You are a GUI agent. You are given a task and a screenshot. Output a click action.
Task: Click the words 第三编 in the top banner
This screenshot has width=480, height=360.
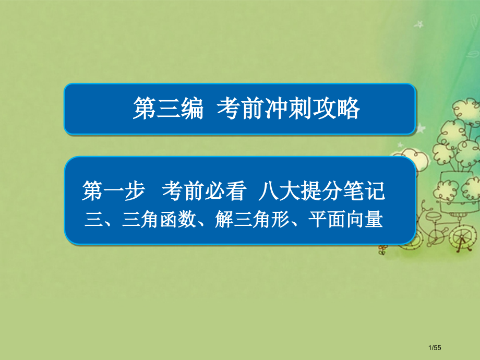[x=167, y=110]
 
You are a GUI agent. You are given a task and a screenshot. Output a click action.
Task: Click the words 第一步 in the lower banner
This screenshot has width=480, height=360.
[x=113, y=191]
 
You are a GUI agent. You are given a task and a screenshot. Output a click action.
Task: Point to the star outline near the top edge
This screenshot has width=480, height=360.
[x=417, y=24]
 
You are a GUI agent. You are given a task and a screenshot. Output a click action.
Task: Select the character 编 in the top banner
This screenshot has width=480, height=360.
[x=191, y=110]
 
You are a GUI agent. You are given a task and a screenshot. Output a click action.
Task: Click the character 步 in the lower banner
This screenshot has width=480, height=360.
[x=134, y=191]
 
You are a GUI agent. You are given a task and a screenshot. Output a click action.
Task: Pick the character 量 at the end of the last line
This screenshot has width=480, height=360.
[x=375, y=220]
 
